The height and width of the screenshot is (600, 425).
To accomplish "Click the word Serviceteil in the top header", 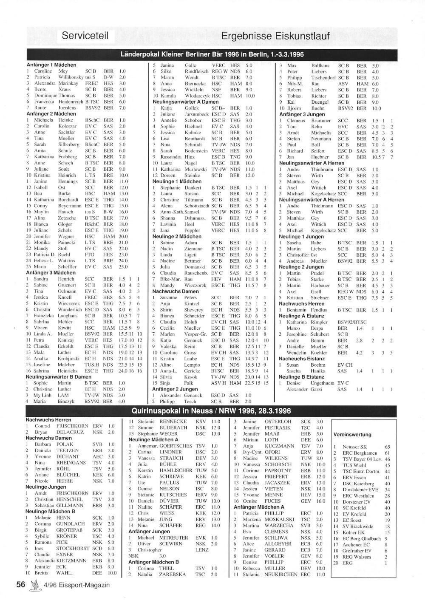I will click(x=85, y=36).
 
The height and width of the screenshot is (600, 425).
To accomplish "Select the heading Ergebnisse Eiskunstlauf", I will click(x=275, y=36).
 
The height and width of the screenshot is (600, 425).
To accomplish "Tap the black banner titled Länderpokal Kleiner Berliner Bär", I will click(x=212, y=55).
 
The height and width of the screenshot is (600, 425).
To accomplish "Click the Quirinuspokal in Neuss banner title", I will click(x=211, y=411).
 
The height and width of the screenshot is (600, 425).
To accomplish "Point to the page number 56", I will click(x=21, y=584).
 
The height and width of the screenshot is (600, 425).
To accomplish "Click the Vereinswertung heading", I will click(x=352, y=435).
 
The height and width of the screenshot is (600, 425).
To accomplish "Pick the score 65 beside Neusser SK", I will click(x=387, y=447).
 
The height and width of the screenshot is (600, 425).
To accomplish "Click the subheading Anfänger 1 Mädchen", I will click(x=51, y=65).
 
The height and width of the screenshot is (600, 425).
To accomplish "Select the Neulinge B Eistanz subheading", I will click(x=301, y=377).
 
